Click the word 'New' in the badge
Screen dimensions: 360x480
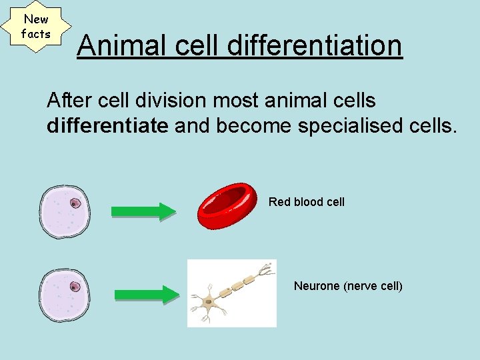click(x=36, y=19)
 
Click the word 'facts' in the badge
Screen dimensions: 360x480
click(x=36, y=33)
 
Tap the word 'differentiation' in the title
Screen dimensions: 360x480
click(x=315, y=46)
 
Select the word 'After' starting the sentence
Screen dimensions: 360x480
click(x=63, y=101)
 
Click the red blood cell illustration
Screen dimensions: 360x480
click(x=227, y=206)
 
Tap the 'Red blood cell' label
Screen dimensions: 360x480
click(x=307, y=201)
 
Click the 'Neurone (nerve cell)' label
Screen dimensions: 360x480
click(x=349, y=286)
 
